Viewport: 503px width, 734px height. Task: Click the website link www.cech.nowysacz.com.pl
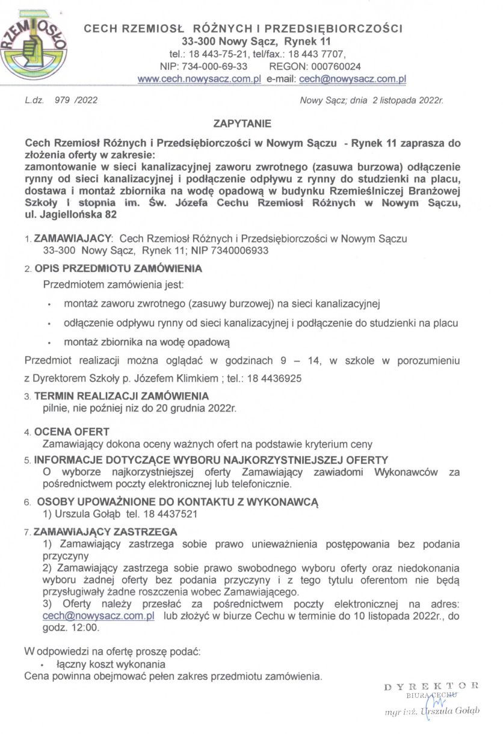coord(199,79)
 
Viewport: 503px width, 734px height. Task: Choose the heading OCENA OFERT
coord(72,433)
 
